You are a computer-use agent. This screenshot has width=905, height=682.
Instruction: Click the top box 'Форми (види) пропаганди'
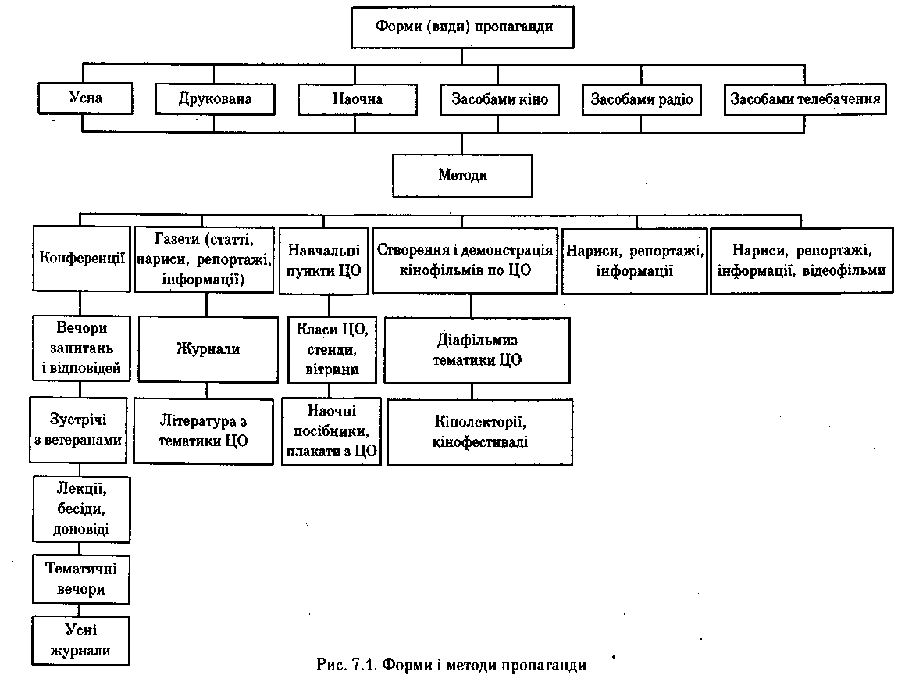(x=464, y=27)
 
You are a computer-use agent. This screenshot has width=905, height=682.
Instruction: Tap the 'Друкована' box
(x=215, y=99)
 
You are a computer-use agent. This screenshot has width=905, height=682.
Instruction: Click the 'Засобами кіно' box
(x=499, y=99)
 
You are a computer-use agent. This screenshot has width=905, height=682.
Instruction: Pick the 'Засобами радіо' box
(x=641, y=99)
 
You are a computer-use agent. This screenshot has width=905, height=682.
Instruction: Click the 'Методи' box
(x=462, y=175)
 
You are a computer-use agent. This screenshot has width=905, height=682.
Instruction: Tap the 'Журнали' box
(x=208, y=348)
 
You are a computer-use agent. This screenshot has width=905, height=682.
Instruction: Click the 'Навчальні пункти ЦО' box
(x=324, y=260)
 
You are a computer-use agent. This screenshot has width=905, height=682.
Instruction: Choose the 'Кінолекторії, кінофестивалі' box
(x=480, y=431)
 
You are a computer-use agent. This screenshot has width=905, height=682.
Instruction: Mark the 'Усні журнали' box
(x=81, y=640)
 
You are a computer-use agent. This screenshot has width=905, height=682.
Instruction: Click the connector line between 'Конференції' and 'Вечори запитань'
(x=80, y=303)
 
